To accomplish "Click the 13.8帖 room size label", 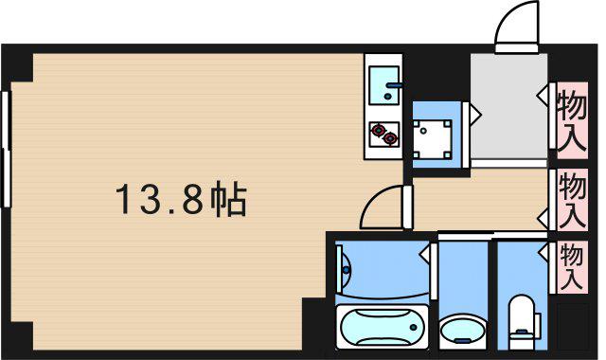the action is coord(181,200).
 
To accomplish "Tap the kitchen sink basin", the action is coord(383,85).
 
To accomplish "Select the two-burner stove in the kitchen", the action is coord(384,135).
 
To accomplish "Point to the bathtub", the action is coord(383,327).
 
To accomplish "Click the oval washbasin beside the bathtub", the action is coord(462,332).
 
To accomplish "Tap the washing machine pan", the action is coord(432,139).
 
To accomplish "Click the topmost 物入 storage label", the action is coord(572,120).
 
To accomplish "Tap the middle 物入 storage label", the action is coord(572,200).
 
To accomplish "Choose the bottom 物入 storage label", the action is coord(572,266).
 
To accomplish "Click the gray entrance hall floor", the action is coord(508,105).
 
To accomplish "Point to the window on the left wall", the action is coord(6,149).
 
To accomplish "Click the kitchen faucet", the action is coord(393,88).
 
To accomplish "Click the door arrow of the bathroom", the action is coord(425,255).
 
